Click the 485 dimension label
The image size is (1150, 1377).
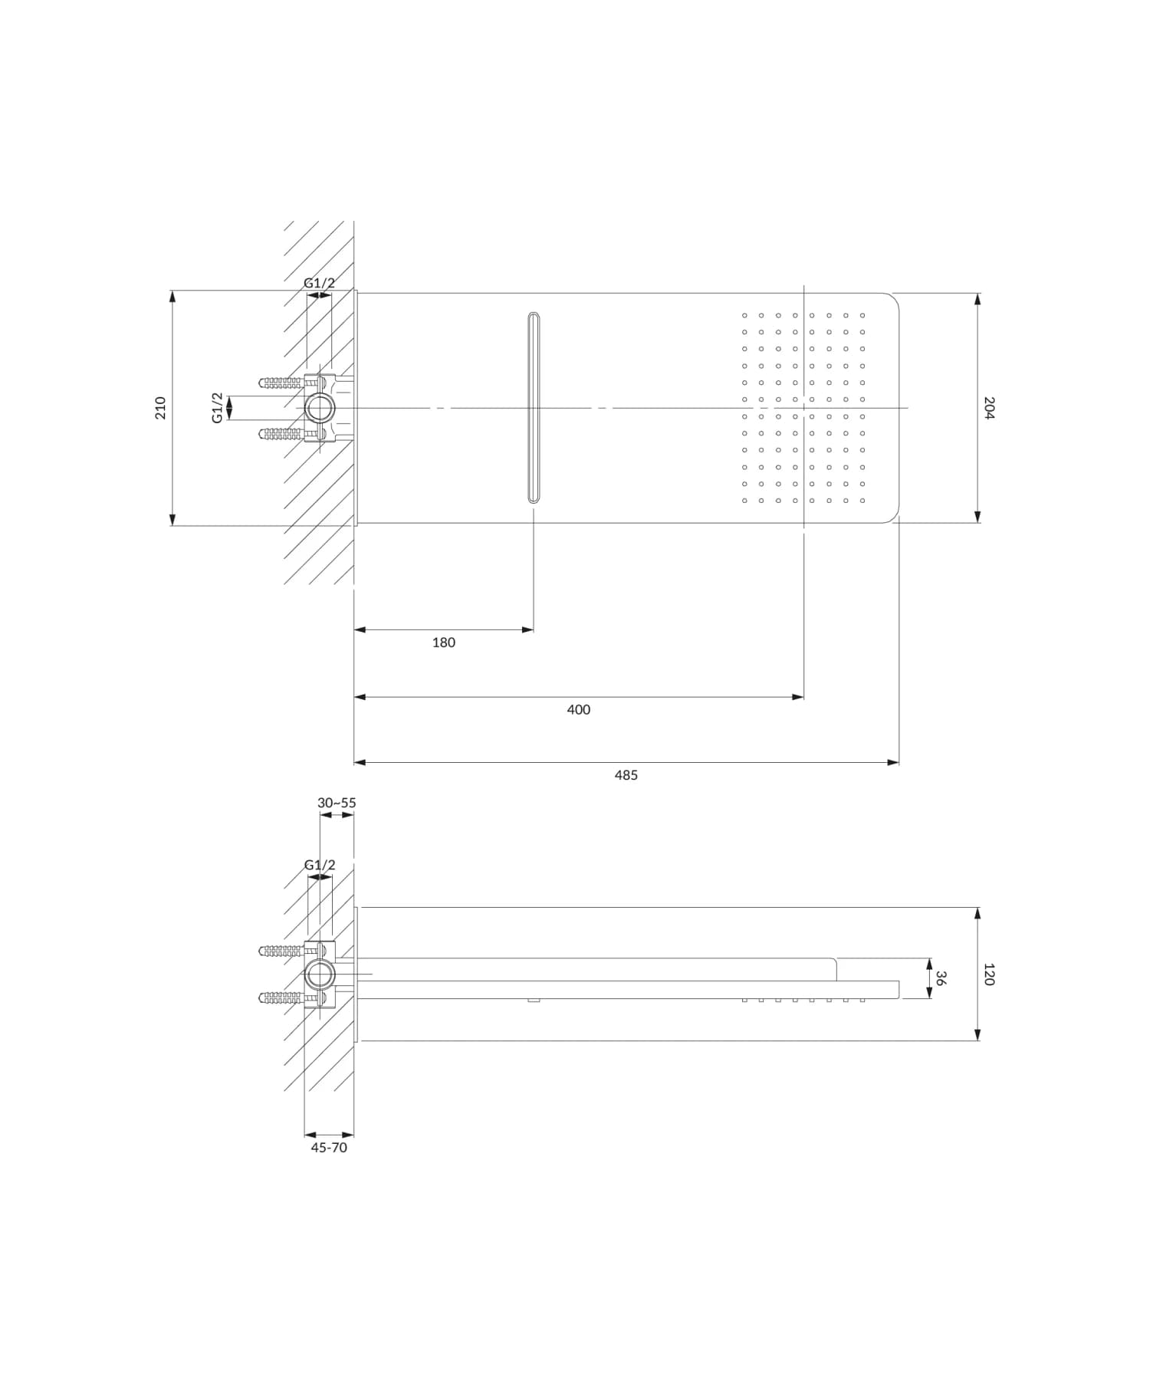pos(626,775)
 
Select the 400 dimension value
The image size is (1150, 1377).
pos(578,710)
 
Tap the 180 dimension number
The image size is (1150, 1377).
pos(443,642)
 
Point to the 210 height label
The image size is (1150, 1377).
pos(160,407)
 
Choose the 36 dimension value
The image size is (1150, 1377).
pos(941,978)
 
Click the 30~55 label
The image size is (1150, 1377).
pos(337,803)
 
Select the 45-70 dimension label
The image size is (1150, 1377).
pos(329,1148)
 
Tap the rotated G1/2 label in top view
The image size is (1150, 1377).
pos(218,408)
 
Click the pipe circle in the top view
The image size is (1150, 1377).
pos(319,408)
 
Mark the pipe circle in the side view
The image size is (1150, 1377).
pos(319,974)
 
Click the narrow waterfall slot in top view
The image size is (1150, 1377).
pos(534,408)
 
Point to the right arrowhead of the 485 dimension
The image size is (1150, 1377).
pos(894,763)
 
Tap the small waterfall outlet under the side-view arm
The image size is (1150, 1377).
pos(534,1001)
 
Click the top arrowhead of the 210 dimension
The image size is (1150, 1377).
pos(172,295)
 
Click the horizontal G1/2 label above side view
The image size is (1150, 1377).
pos(320,865)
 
